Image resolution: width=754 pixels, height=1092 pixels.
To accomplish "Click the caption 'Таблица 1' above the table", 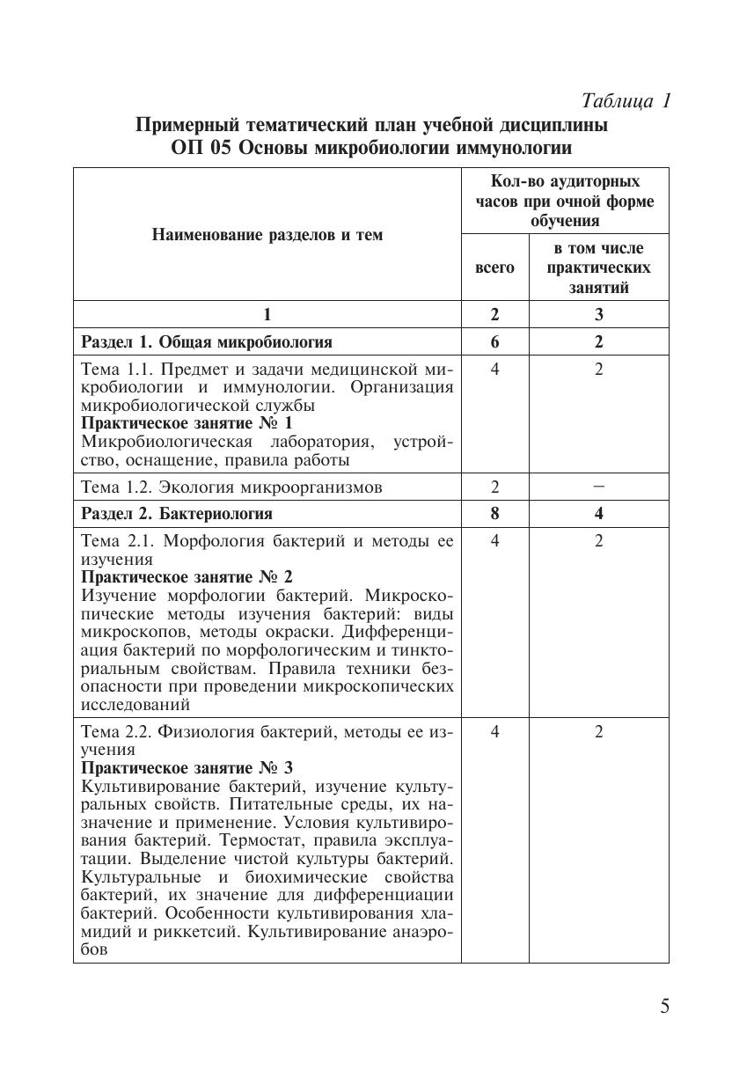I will tap(626, 100).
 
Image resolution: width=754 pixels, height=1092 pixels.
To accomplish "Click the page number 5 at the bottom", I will tap(664, 1007).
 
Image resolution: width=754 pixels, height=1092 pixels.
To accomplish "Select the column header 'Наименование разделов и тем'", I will tap(267, 235).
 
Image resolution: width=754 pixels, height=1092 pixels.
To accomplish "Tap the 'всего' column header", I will tap(494, 268).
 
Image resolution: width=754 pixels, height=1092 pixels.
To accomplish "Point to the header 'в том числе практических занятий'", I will tap(598, 268).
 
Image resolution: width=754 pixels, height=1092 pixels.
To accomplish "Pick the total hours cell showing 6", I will tap(494, 341).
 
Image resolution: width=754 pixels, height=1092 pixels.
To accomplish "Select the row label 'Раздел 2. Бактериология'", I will tap(177, 513).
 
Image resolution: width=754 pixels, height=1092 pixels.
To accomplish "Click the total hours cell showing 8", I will tap(494, 513).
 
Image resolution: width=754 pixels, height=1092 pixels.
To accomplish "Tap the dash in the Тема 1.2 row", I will tap(598, 486).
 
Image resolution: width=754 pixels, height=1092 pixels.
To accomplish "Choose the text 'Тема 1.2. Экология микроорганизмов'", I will tap(231, 487).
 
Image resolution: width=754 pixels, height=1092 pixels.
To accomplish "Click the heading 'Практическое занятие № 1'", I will tap(187, 423).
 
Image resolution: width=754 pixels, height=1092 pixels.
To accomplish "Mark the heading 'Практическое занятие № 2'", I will tap(187, 577).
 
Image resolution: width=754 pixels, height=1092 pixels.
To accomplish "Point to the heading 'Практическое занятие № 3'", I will tap(187, 768).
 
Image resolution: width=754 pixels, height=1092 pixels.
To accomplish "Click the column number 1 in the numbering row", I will tap(267, 315).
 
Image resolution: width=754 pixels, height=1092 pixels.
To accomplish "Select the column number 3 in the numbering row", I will tap(598, 315).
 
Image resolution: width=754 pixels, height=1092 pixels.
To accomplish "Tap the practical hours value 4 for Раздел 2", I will tap(598, 513).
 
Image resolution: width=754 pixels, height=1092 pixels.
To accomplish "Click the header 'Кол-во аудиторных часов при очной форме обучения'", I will tap(565, 202).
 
